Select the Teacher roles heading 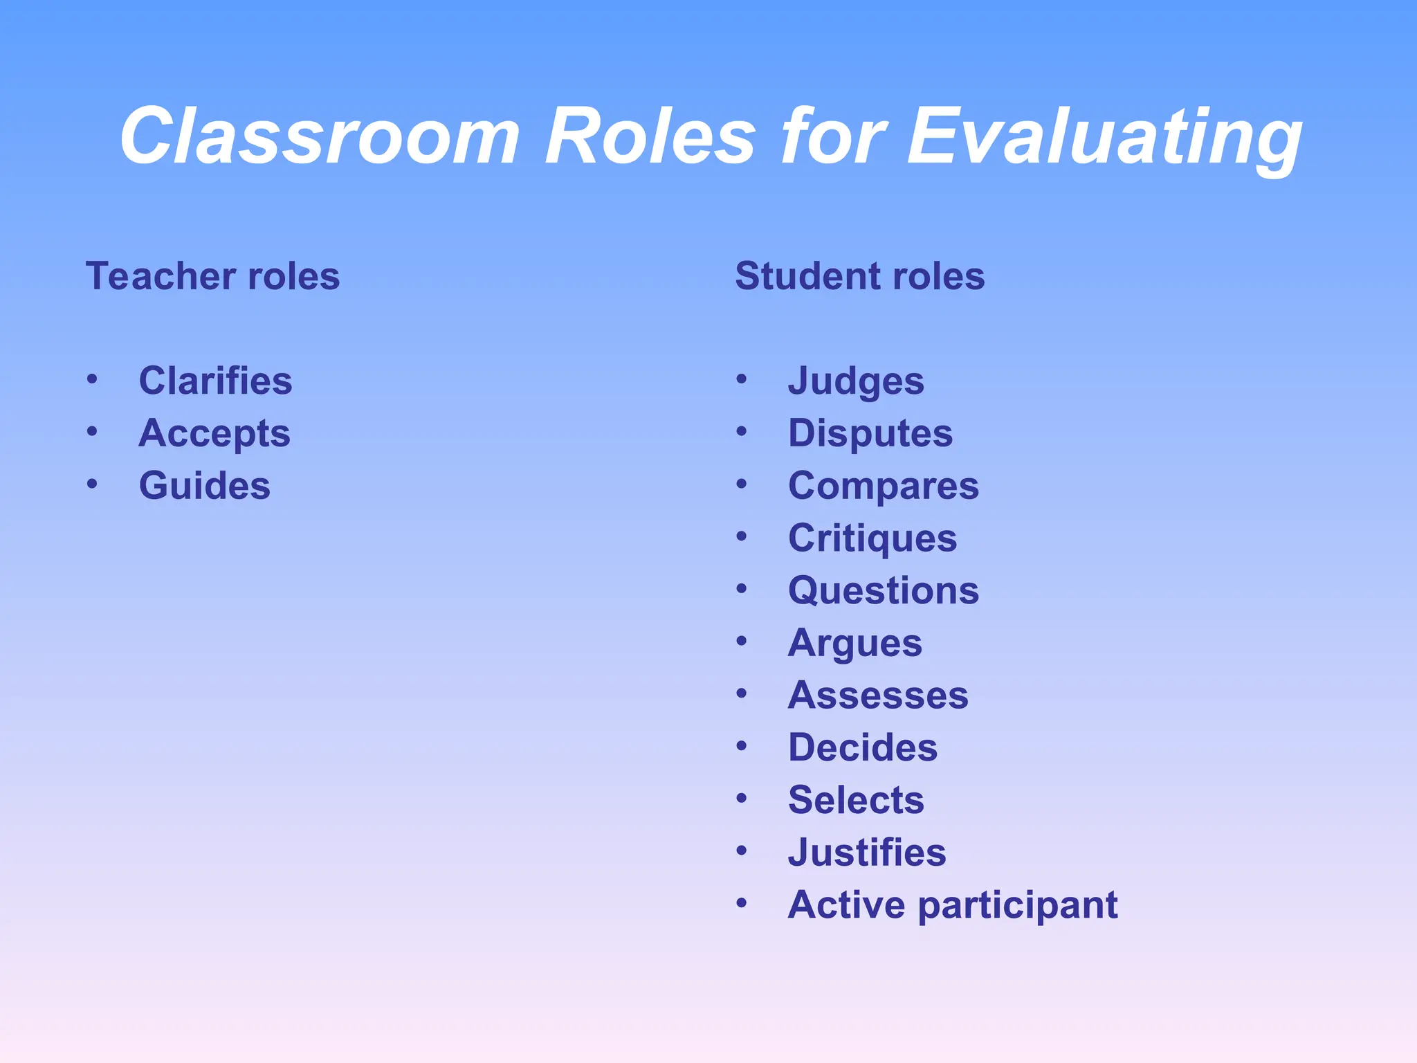tap(212, 276)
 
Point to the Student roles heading tap(859, 276)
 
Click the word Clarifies tap(215, 381)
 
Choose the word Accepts tap(214, 434)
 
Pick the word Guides tap(204, 485)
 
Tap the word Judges tap(856, 381)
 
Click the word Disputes tap(870, 434)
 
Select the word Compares tap(884, 486)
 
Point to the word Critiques tap(872, 538)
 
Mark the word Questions tap(884, 590)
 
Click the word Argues tap(855, 644)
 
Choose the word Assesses tap(878, 695)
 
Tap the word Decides tap(863, 747)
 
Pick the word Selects tap(856, 800)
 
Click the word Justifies tap(867, 852)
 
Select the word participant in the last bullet tap(1018, 905)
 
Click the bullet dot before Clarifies tap(92, 379)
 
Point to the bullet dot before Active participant tap(742, 902)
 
